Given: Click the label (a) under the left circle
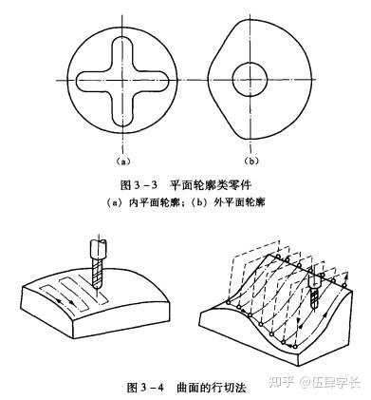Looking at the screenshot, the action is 123,162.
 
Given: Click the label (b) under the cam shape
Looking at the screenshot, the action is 251,162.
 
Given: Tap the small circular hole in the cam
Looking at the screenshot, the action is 250,79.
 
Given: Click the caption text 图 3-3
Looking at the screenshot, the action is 139,184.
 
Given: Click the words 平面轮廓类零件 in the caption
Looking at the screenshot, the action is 211,184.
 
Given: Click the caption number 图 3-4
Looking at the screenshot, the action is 145,387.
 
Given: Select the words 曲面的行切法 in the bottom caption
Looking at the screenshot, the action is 212,387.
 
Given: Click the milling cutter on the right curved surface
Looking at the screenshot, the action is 314,291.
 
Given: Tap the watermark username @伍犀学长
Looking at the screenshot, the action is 330,382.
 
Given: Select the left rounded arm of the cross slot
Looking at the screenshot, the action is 92,82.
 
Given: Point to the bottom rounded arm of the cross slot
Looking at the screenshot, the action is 122,111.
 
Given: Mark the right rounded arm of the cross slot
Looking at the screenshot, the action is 153,82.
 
